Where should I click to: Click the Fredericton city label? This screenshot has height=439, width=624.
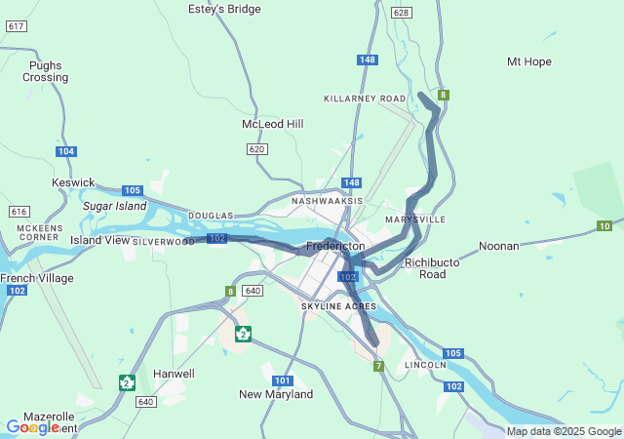(335, 246)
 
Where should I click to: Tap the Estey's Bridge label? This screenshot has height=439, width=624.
(224, 9)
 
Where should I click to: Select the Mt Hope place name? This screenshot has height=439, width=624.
(528, 61)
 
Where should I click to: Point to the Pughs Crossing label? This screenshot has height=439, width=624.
(46, 71)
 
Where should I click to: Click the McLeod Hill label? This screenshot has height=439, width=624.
(273, 124)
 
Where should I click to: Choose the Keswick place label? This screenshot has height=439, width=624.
(73, 182)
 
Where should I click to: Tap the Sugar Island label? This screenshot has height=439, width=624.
(114, 206)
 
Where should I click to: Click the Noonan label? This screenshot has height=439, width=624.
(498, 246)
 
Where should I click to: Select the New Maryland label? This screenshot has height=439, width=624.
(276, 394)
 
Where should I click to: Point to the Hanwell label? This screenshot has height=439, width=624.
(174, 374)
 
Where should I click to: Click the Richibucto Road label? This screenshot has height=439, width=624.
(425, 268)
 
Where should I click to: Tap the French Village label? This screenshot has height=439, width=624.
(36, 278)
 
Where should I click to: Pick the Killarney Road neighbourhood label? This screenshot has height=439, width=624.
(365, 99)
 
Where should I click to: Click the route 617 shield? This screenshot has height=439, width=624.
(16, 25)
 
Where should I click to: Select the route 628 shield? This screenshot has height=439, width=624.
(401, 13)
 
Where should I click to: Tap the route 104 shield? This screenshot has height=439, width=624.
(65, 151)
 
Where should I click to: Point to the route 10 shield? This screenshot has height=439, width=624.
(604, 226)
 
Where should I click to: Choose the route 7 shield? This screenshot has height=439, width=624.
(378, 366)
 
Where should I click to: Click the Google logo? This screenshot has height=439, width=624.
(31, 427)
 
